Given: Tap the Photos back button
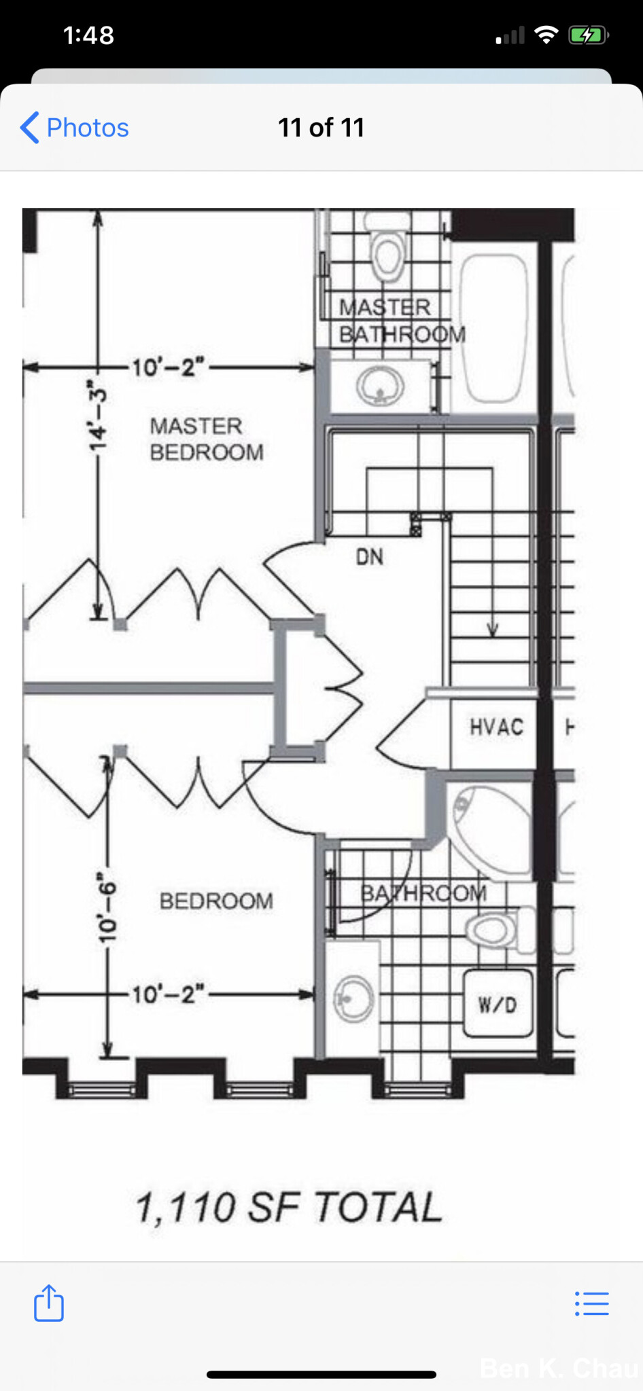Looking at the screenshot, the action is coord(74,128).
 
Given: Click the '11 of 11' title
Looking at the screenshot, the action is coord(321,128).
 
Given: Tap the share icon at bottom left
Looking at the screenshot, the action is coord(49,1302).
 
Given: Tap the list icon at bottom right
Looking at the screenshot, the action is coord(591,1303).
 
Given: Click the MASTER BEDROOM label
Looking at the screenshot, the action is coord(207,439).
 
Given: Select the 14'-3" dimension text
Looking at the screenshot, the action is coord(99,415).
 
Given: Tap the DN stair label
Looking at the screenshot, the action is coord(369,557).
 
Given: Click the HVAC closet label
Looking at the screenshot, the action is coord(497,727).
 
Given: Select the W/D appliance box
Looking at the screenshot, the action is coord(498,1004).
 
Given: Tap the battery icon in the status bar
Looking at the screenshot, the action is coord(588,35).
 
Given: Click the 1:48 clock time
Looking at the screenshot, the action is coord(88,35).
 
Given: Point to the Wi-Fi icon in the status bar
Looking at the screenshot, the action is coord(546,35).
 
